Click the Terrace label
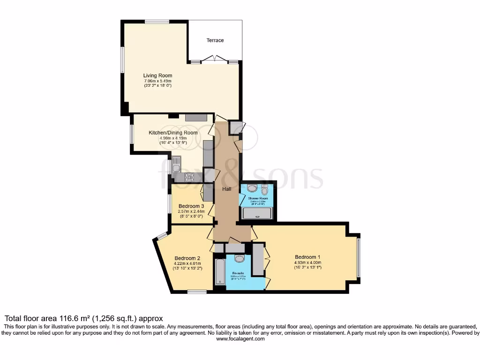click(215, 40)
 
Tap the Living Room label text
click(157, 75)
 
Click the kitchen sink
click(176, 164)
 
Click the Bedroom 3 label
click(191, 206)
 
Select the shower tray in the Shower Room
click(256, 214)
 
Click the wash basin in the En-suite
click(240, 259)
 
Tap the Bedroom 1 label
click(307, 257)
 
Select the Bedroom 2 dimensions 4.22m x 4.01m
click(187, 263)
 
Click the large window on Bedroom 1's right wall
click(359, 258)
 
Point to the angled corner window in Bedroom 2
click(162, 236)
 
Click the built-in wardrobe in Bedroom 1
click(258, 259)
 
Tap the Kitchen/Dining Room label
click(173, 133)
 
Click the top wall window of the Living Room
click(157, 21)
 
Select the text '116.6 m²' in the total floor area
click(67, 318)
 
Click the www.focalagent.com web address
click(240, 339)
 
